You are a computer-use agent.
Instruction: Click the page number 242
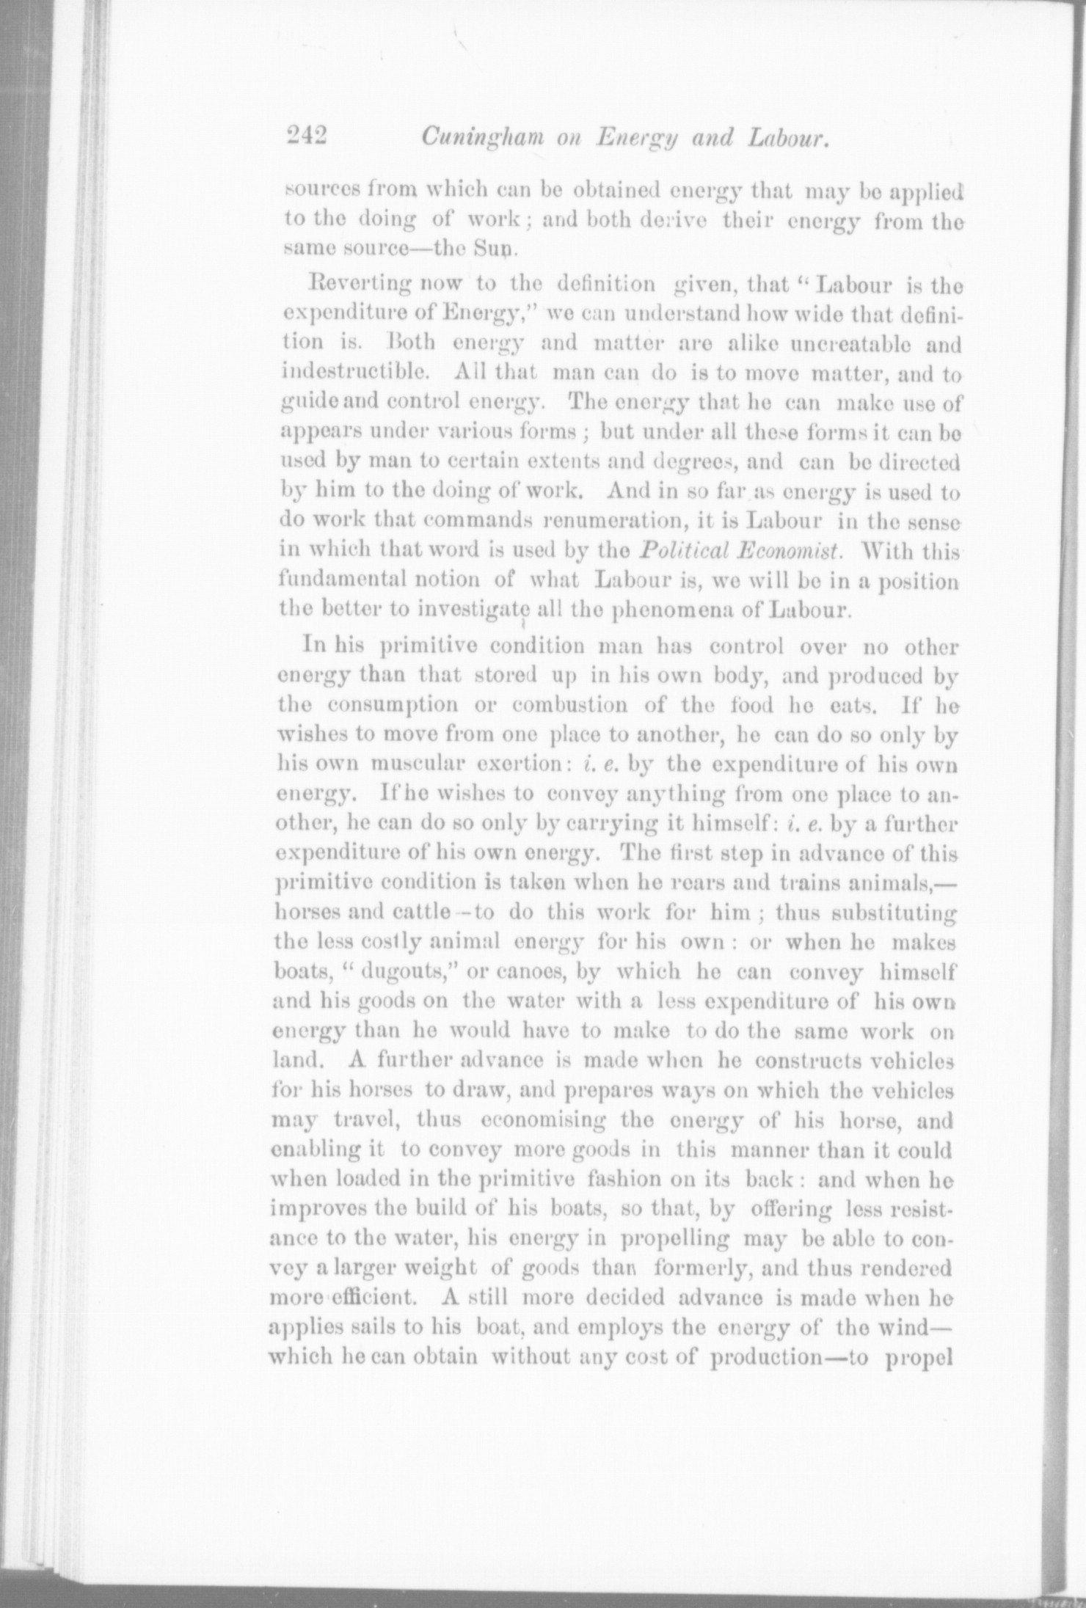click(306, 139)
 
